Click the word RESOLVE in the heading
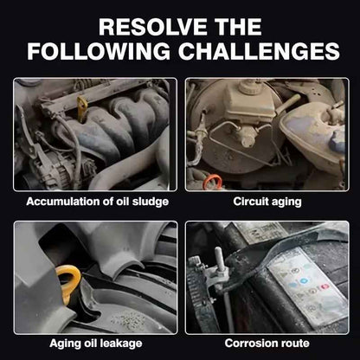click(x=152, y=27)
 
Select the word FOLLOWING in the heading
click(x=99, y=51)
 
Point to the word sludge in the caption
click(x=151, y=202)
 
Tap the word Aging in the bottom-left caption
click(x=61, y=344)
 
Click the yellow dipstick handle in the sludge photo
click(x=82, y=109)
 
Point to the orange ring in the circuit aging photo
click(x=213, y=182)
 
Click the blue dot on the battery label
click(x=303, y=280)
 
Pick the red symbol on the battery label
click(x=325, y=286)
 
